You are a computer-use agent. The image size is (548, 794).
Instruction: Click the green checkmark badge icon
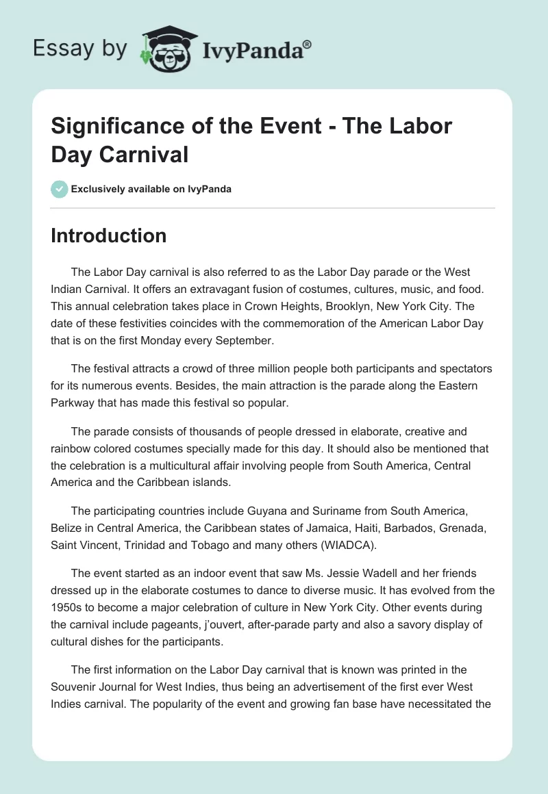59,189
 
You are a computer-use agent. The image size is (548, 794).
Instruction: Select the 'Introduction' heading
109,235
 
